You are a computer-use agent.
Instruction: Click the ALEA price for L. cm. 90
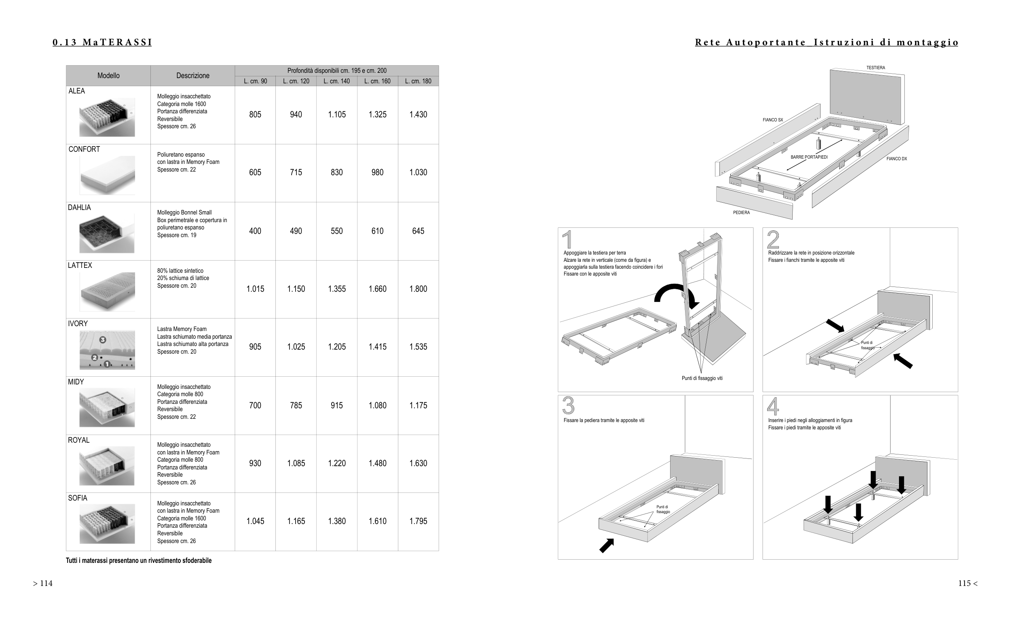tap(255, 115)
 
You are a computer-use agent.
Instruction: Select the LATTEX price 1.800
tap(418, 289)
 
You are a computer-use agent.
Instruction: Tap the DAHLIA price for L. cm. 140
tap(336, 231)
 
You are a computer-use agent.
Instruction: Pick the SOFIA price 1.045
tap(255, 521)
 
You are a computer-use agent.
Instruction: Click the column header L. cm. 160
tap(377, 81)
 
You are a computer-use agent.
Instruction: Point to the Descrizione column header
tap(193, 76)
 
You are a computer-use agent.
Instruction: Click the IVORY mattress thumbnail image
tap(107, 350)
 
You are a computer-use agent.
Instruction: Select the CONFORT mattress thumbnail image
tap(107, 175)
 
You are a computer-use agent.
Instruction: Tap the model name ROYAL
tap(78, 440)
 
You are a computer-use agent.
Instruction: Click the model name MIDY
tap(76, 382)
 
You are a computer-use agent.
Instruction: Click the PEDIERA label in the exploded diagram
tap(741, 213)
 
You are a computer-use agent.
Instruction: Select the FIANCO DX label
tap(897, 159)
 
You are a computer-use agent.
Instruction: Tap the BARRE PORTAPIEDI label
tap(809, 157)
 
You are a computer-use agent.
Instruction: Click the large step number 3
tap(568, 406)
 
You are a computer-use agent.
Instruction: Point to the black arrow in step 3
tap(607, 545)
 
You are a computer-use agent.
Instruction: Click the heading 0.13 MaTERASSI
tap(102, 42)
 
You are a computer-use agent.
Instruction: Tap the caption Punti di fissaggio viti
tap(702, 378)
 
